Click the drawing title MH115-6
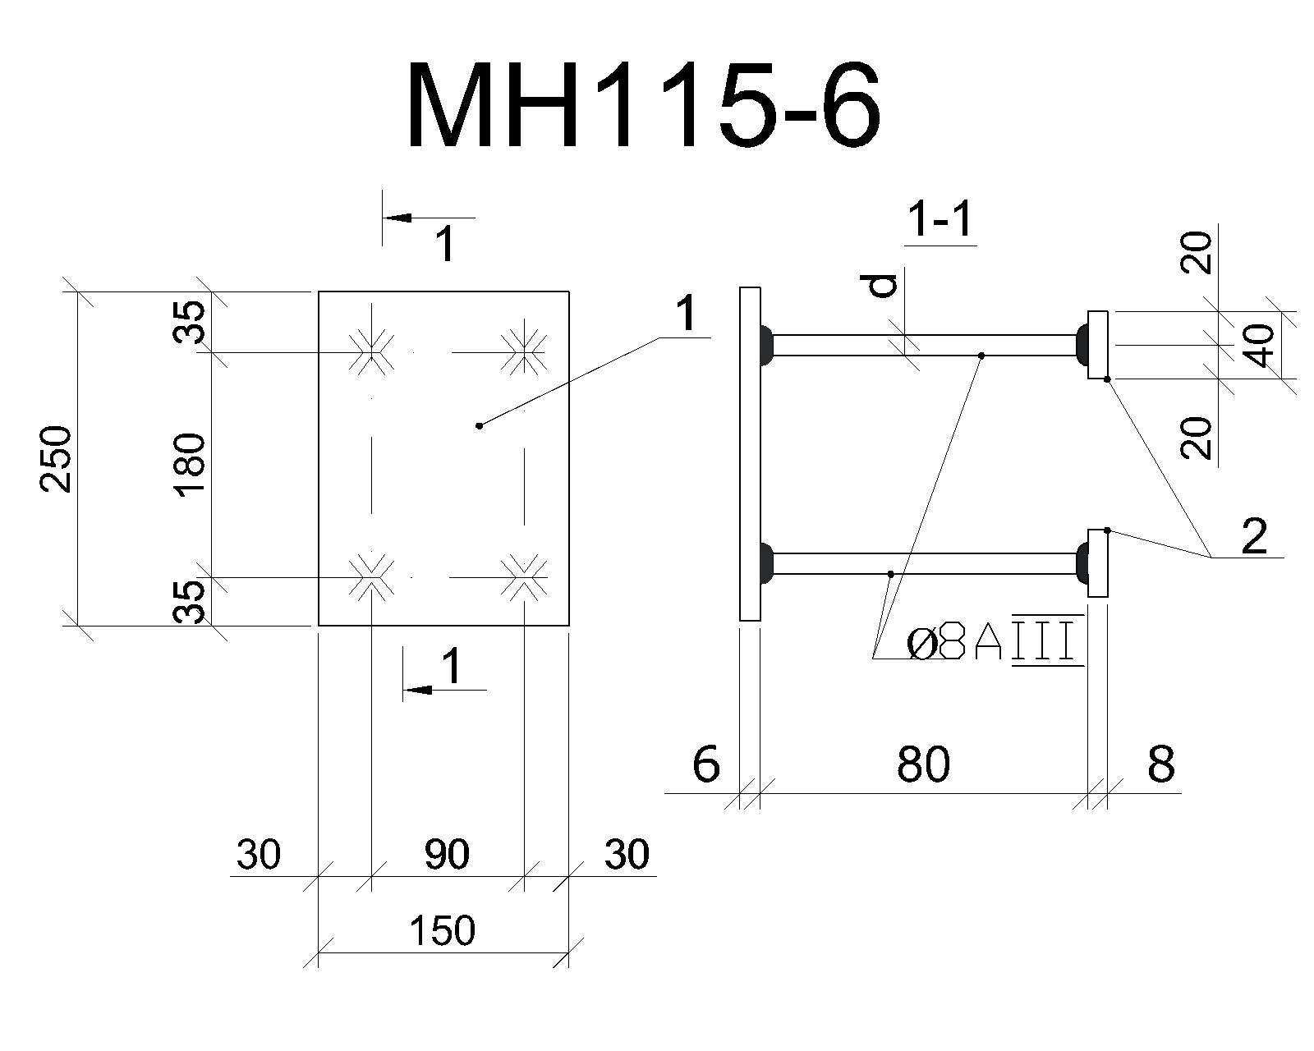pyautogui.click(x=644, y=106)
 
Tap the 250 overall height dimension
pyautogui.click(x=56, y=459)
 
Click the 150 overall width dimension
pyautogui.click(x=442, y=930)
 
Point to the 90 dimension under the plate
pyautogui.click(x=447, y=855)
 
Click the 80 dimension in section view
pyautogui.click(x=923, y=764)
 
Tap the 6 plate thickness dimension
pyautogui.click(x=706, y=764)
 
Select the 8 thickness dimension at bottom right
pyautogui.click(x=1160, y=764)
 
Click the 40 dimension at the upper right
pyautogui.click(x=1260, y=345)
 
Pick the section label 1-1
pyautogui.click(x=940, y=220)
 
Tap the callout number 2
pyautogui.click(x=1255, y=536)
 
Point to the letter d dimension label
pyautogui.click(x=884, y=286)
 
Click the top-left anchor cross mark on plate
pyautogui.click(x=370, y=351)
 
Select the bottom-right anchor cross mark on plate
pyautogui.click(x=524, y=576)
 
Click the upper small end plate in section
pyautogui.click(x=1098, y=345)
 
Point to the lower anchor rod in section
pyautogui.click(x=925, y=563)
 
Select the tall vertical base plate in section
pyautogui.click(x=750, y=454)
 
